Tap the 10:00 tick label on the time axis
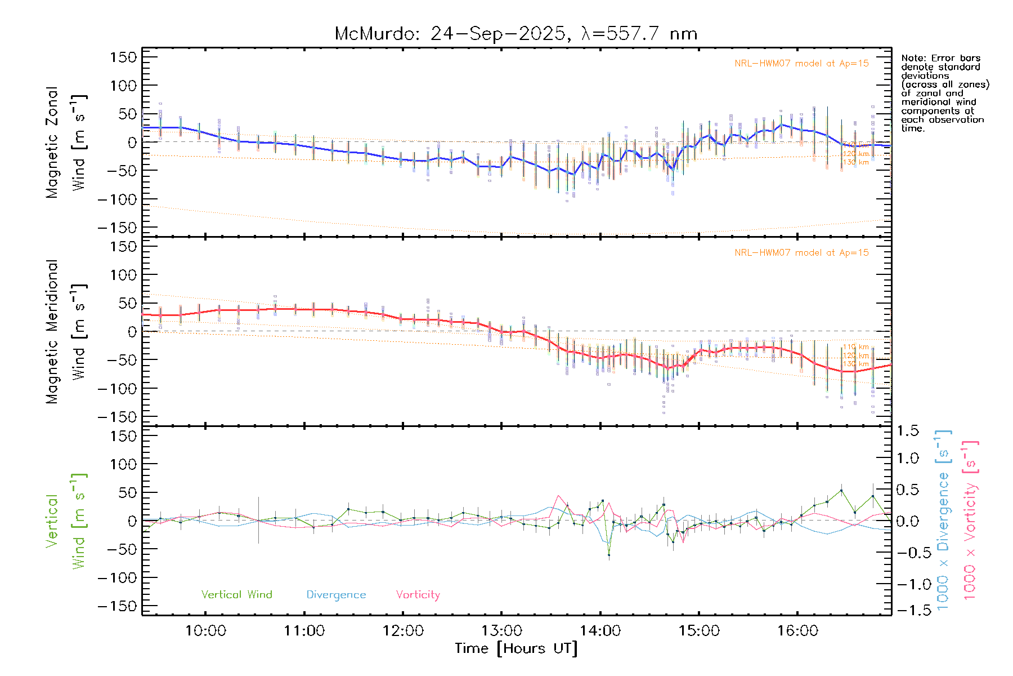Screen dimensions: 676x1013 tap(205, 630)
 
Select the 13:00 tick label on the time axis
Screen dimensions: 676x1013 tap(501, 630)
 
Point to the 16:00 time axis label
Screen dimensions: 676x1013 tap(797, 630)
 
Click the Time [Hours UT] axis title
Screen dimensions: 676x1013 tap(516, 648)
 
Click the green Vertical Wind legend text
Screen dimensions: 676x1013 tap(236, 594)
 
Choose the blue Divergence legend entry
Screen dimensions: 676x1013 tap(336, 594)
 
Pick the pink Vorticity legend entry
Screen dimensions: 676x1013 tap(418, 594)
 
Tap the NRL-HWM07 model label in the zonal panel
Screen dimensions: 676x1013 tap(801, 63)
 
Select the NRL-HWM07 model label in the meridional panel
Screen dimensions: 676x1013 tap(801, 252)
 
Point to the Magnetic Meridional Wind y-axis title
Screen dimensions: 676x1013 tap(65, 332)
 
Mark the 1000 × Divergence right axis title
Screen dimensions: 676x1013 tap(943, 520)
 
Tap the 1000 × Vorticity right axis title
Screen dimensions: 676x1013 tap(970, 520)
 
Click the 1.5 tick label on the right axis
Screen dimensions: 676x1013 tap(908, 430)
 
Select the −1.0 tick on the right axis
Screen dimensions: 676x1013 tap(908, 584)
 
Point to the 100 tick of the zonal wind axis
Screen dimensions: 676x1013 tap(123, 86)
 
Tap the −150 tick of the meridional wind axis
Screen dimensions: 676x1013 tap(117, 417)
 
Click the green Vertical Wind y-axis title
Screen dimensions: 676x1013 tap(65, 521)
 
